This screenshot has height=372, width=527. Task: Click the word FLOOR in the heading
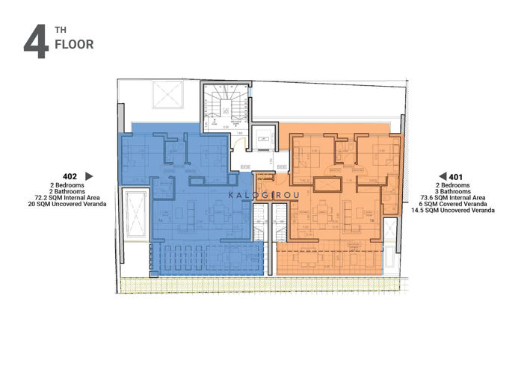coord(73,45)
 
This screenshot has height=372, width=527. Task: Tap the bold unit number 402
coord(70,176)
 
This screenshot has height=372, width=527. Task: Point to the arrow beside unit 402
coord(89,176)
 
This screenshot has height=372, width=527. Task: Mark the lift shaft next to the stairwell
coord(263,140)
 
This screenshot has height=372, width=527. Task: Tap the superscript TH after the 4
coord(58,34)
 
